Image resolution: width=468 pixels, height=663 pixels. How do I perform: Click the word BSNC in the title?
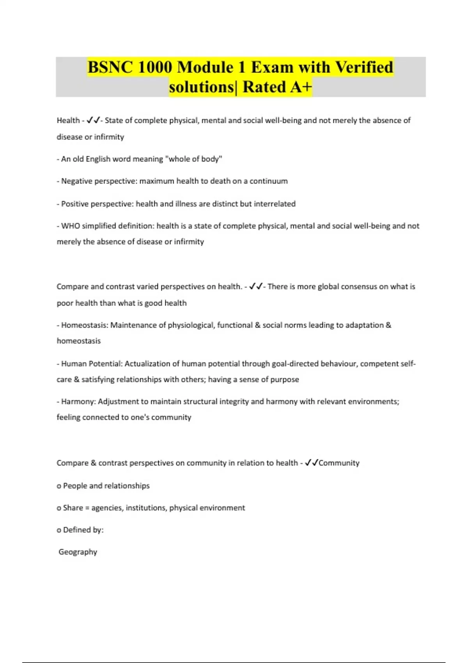(110, 67)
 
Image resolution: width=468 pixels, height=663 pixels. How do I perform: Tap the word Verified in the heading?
(364, 67)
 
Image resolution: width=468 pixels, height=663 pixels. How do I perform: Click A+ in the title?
(300, 87)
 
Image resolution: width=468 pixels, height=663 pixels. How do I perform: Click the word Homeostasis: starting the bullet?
(85, 325)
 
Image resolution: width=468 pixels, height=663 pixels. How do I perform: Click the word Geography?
(78, 552)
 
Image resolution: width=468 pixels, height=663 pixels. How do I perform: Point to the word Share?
(73, 508)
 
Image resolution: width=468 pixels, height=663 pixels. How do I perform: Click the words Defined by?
(83, 530)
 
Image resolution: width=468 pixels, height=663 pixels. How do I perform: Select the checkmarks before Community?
(312, 463)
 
